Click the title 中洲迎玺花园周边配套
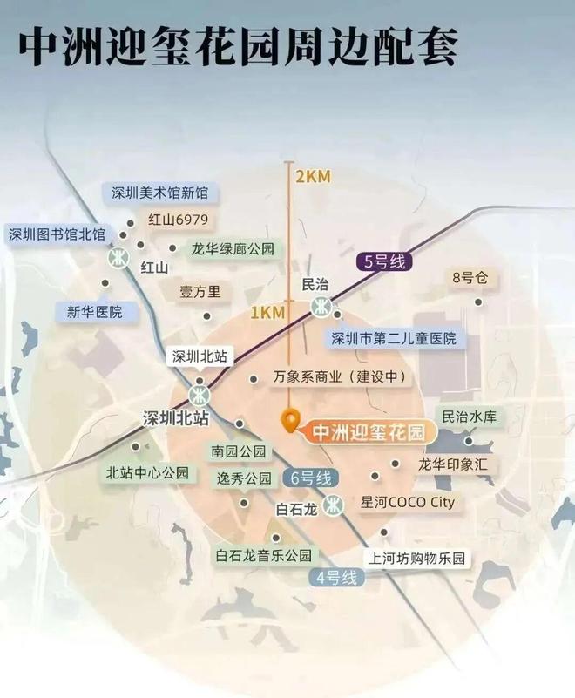coord(237,45)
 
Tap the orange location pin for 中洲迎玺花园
coord(291,421)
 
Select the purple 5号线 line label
coord(382,260)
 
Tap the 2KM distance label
coord(312,177)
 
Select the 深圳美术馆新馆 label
coord(166,193)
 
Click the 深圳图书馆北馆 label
coord(57,234)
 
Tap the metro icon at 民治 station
coord(321,306)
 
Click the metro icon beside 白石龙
coord(332,505)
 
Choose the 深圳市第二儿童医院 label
coord(394,338)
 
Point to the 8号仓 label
coord(466,278)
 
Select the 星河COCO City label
coord(407,503)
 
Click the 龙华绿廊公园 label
coord(233,249)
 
